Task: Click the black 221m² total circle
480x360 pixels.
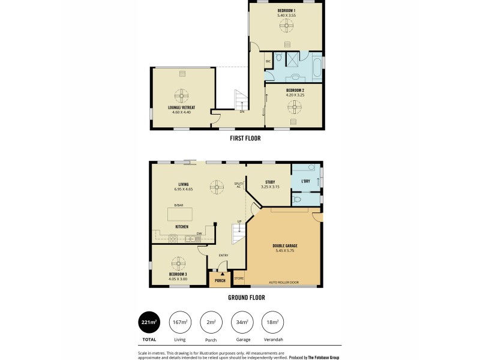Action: click(149, 322)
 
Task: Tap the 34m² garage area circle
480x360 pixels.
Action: click(241, 322)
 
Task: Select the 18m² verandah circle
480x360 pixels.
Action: click(272, 322)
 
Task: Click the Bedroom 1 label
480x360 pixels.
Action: click(286, 10)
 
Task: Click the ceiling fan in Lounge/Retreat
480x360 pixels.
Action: click(182, 95)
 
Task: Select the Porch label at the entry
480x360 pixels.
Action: click(220, 280)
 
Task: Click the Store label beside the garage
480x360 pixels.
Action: click(239, 278)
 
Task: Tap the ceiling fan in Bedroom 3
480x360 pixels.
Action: click(178, 263)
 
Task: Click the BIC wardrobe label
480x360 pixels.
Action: click(268, 61)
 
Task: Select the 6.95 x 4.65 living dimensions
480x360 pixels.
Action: click(184, 190)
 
